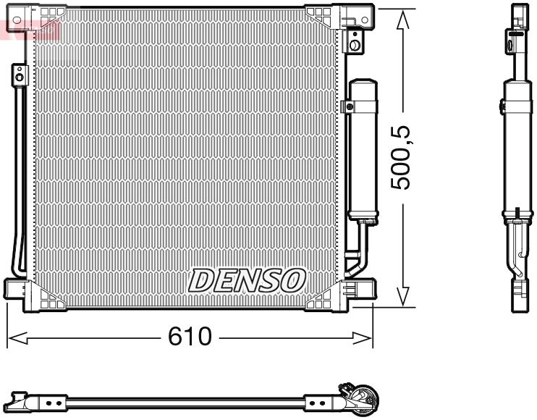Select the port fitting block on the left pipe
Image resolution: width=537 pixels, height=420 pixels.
pos(17,72)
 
